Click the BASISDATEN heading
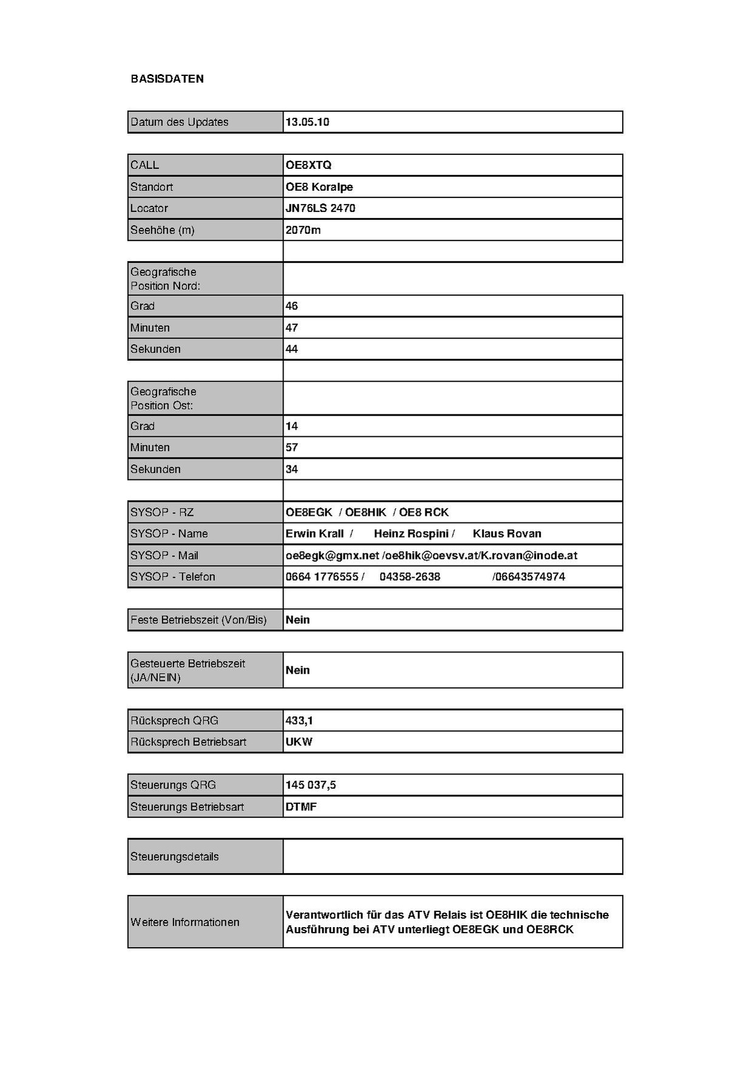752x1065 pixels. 167,79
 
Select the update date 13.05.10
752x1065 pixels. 307,122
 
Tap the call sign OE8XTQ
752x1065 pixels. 308,165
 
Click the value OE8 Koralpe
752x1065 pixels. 319,187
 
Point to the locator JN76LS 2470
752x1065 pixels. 320,208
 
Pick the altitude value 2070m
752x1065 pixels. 303,230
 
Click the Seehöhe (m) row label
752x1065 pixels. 162,230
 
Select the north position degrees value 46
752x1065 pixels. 292,306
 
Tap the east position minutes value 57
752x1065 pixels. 292,448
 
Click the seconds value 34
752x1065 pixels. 292,470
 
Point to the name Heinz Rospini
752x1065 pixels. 411,534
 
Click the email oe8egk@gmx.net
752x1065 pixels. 332,556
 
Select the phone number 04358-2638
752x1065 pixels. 410,577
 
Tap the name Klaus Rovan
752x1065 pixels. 507,534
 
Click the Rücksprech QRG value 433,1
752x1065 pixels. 299,721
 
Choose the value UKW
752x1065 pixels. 299,742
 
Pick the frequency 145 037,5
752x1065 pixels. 311,786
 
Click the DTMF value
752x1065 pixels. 301,807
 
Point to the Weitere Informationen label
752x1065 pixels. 185,922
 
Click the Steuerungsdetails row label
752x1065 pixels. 174,857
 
